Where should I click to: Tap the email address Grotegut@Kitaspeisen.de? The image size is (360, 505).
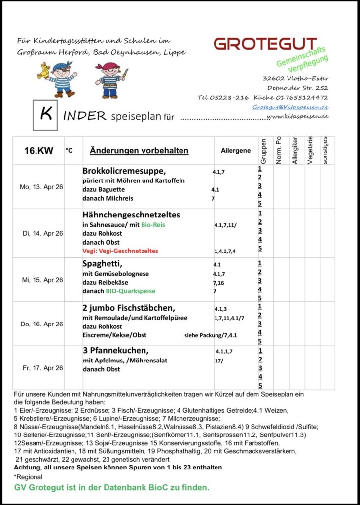(x=290, y=107)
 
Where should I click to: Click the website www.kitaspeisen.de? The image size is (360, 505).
(x=297, y=116)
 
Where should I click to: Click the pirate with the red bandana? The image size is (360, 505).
(x=111, y=79)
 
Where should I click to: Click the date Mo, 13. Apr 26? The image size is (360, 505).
(x=41, y=187)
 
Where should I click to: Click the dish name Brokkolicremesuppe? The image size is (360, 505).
(x=124, y=171)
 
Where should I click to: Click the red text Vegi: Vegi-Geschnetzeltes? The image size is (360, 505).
(x=120, y=251)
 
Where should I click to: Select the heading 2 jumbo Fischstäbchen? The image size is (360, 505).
(x=129, y=308)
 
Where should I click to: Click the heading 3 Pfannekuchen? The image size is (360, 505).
(x=115, y=351)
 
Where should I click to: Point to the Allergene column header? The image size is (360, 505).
(x=235, y=151)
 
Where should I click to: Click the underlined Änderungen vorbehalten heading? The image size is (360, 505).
(x=139, y=151)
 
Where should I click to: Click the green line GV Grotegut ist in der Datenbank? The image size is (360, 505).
(x=111, y=487)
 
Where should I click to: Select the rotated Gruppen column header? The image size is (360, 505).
(x=263, y=151)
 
